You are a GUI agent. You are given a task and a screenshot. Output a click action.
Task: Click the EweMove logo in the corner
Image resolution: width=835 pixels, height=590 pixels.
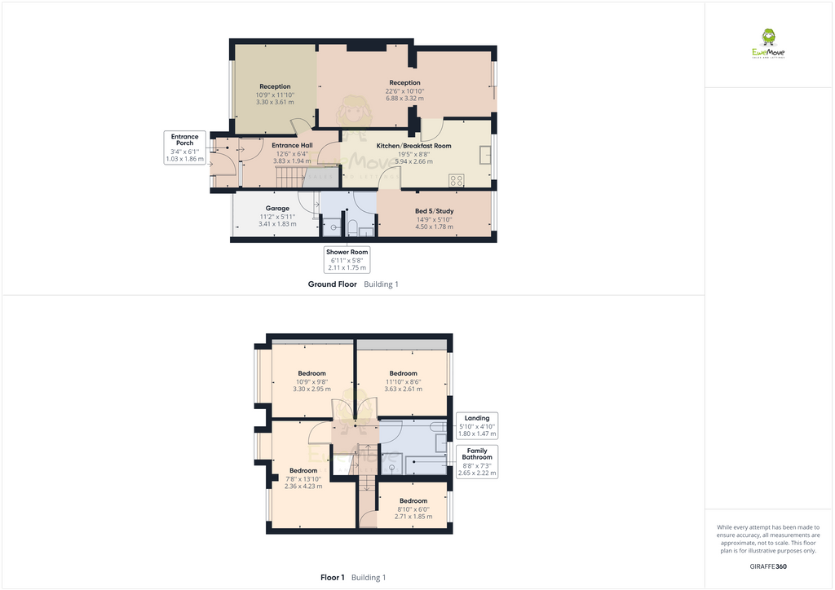click(x=768, y=44)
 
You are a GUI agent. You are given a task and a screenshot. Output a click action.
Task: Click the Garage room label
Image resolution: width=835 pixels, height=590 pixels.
click(x=277, y=209)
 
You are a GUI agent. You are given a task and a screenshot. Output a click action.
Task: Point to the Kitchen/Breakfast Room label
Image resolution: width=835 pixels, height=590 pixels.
click(x=413, y=146)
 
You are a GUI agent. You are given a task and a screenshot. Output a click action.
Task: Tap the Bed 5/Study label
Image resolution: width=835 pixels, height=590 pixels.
click(x=434, y=211)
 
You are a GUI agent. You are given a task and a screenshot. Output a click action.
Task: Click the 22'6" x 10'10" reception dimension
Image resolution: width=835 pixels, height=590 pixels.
click(x=404, y=91)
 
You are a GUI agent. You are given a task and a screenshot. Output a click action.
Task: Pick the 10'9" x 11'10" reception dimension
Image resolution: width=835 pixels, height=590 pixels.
click(x=275, y=95)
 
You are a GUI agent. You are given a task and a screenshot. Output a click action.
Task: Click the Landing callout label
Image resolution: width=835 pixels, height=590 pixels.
click(x=477, y=418)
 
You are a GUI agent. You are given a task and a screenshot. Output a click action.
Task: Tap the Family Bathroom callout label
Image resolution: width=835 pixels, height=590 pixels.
click(x=477, y=454)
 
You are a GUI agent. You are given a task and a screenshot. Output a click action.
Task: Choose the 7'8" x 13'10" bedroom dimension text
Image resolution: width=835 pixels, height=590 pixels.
click(x=303, y=478)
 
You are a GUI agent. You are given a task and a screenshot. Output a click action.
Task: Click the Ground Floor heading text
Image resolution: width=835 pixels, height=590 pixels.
click(x=332, y=284)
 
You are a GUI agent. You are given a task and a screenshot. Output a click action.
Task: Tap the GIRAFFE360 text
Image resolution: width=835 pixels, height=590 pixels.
click(x=768, y=566)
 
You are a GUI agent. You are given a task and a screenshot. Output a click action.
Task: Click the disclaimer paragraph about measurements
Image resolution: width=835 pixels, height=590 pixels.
click(x=768, y=539)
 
